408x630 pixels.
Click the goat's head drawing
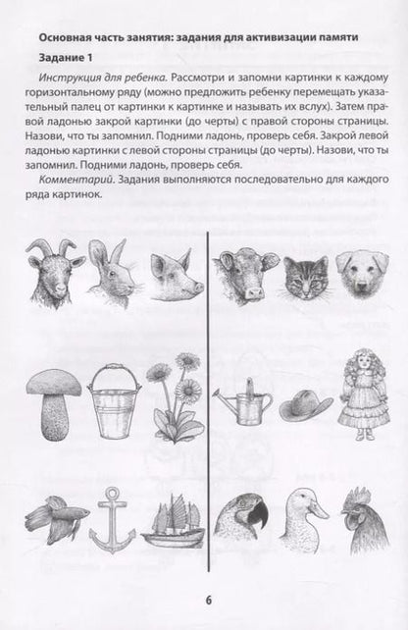[55, 272]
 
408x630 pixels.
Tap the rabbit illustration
[113, 273]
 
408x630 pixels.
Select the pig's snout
[197, 288]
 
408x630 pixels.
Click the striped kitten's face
[306, 277]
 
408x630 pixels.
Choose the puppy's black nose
[362, 287]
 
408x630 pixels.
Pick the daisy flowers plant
[176, 397]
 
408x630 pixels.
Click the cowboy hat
[306, 406]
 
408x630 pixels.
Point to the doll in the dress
[364, 394]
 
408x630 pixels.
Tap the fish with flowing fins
[56, 518]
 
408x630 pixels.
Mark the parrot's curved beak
[258, 513]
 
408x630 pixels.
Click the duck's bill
[318, 510]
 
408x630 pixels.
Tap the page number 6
[209, 602]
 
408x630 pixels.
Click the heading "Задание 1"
[66, 58]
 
